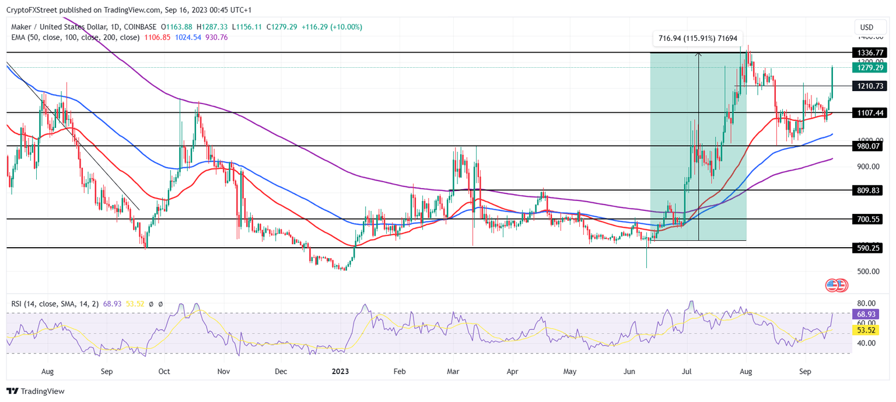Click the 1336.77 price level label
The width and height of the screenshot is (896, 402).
pos(868,53)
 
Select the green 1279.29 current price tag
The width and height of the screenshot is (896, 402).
pos(868,68)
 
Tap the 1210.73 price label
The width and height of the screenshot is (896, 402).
pos(868,86)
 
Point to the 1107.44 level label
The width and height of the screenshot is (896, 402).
pos(868,112)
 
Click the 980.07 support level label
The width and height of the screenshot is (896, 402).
pos(868,146)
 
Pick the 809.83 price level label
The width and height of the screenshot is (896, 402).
pos(868,190)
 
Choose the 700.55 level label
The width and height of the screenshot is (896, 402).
pos(868,219)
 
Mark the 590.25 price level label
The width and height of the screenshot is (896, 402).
pos(868,248)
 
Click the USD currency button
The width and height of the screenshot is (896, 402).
pos(867,27)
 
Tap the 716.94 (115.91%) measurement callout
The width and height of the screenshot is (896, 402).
pos(698,39)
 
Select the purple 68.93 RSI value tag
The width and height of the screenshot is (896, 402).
pos(866,314)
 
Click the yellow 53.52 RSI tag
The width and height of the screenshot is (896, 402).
pos(866,330)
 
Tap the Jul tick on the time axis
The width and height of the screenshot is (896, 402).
pos(687,371)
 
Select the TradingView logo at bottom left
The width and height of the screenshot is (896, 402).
pos(36,391)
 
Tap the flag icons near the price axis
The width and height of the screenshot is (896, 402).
pos(836,285)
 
